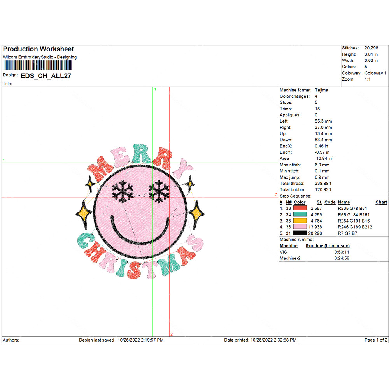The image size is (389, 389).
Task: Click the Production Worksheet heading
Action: point(38,49)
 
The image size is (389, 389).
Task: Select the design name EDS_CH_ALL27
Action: point(46,76)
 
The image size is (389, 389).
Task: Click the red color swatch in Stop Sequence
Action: point(300,208)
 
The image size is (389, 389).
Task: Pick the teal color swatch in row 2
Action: point(300,214)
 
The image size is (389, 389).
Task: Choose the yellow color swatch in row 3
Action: point(300,221)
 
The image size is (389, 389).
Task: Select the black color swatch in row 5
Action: point(300,233)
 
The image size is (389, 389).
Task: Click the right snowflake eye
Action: point(158,191)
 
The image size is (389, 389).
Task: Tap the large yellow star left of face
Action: point(84,212)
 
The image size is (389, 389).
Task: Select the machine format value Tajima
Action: point(321,90)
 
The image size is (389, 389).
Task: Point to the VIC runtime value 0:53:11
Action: point(342,252)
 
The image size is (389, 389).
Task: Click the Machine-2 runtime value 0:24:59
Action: point(342,258)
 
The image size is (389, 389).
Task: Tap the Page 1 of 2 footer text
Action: point(376,340)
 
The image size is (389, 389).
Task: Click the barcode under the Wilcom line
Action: point(40,65)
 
